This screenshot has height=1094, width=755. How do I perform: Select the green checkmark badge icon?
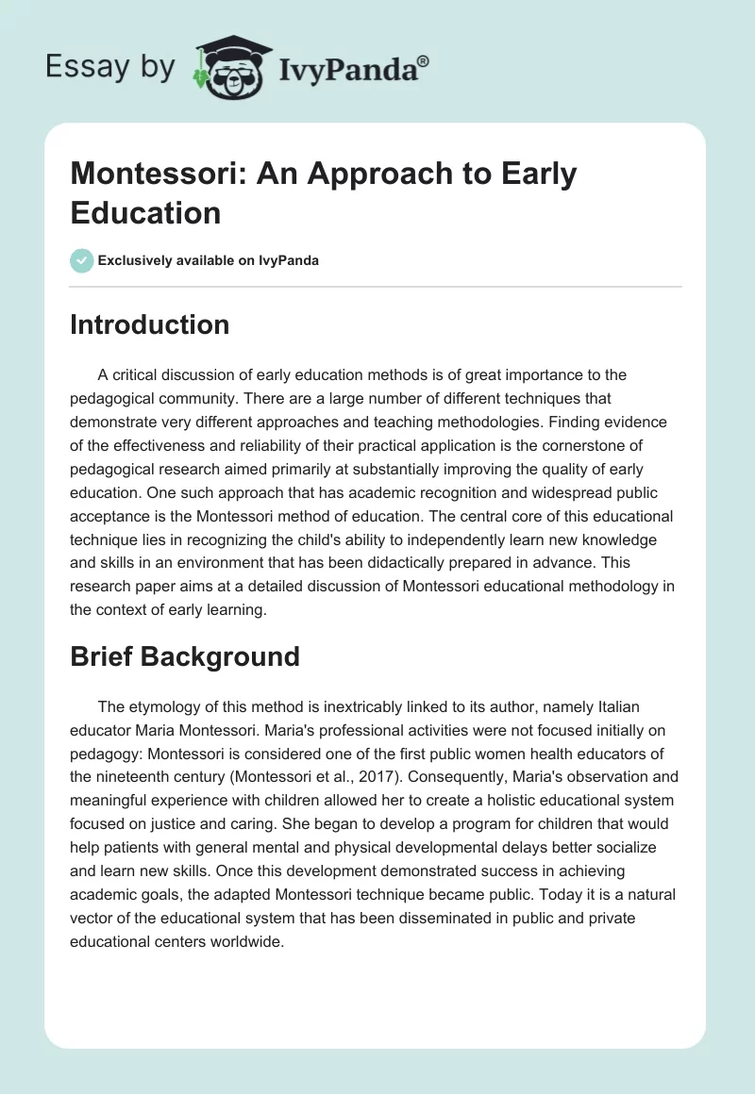pos(82,260)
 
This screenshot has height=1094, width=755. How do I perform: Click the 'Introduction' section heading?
pos(150,324)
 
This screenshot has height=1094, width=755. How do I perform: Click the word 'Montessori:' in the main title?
pos(156,174)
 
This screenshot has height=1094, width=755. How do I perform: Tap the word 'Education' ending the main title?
pos(145,212)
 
